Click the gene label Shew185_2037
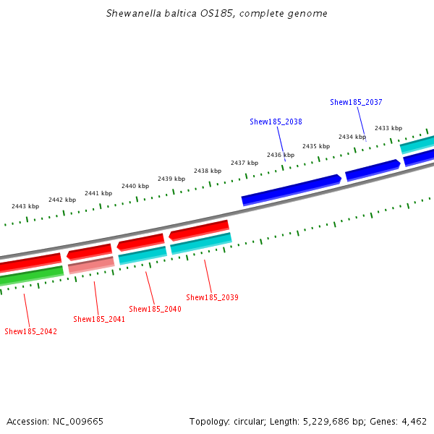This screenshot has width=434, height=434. point(356,103)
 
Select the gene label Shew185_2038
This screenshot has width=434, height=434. point(276,122)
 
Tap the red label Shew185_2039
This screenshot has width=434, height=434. point(212,297)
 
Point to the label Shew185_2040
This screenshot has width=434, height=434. point(155,309)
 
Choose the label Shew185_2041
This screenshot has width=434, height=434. point(99,319)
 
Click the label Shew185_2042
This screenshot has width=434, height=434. point(30,331)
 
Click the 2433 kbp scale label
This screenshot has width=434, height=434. point(388,128)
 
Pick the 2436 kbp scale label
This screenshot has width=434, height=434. point(280,155)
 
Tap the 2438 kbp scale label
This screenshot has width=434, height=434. point(207,171)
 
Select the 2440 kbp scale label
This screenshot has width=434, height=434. point(135,186)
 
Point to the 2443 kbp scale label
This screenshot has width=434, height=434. point(25,206)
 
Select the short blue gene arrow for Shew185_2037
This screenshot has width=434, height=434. point(373,170)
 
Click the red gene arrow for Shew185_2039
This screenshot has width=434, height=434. point(199,230)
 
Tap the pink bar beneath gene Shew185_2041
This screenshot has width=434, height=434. point(91,265)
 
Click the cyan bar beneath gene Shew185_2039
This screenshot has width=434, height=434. point(201,243)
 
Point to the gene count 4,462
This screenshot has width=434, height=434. point(414,421)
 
